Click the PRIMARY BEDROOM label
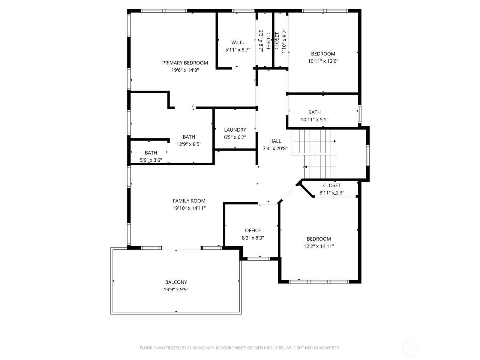185,63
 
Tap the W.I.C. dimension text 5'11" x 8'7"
238,50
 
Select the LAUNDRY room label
235,130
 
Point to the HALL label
275,141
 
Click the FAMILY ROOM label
189,201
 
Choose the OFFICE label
253,230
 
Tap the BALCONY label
176,282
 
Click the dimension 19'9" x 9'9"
176,289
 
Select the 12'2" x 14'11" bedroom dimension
319,246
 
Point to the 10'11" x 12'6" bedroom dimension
323,61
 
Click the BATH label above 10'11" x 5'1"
314,112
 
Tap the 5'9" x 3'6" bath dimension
151,160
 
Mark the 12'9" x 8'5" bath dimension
189,144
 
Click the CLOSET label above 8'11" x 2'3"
332,185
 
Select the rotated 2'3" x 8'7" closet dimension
261,41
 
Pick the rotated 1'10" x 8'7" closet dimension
284,41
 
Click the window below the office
259,259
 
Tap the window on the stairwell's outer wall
368,155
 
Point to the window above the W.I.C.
243,11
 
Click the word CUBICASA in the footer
196,348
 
